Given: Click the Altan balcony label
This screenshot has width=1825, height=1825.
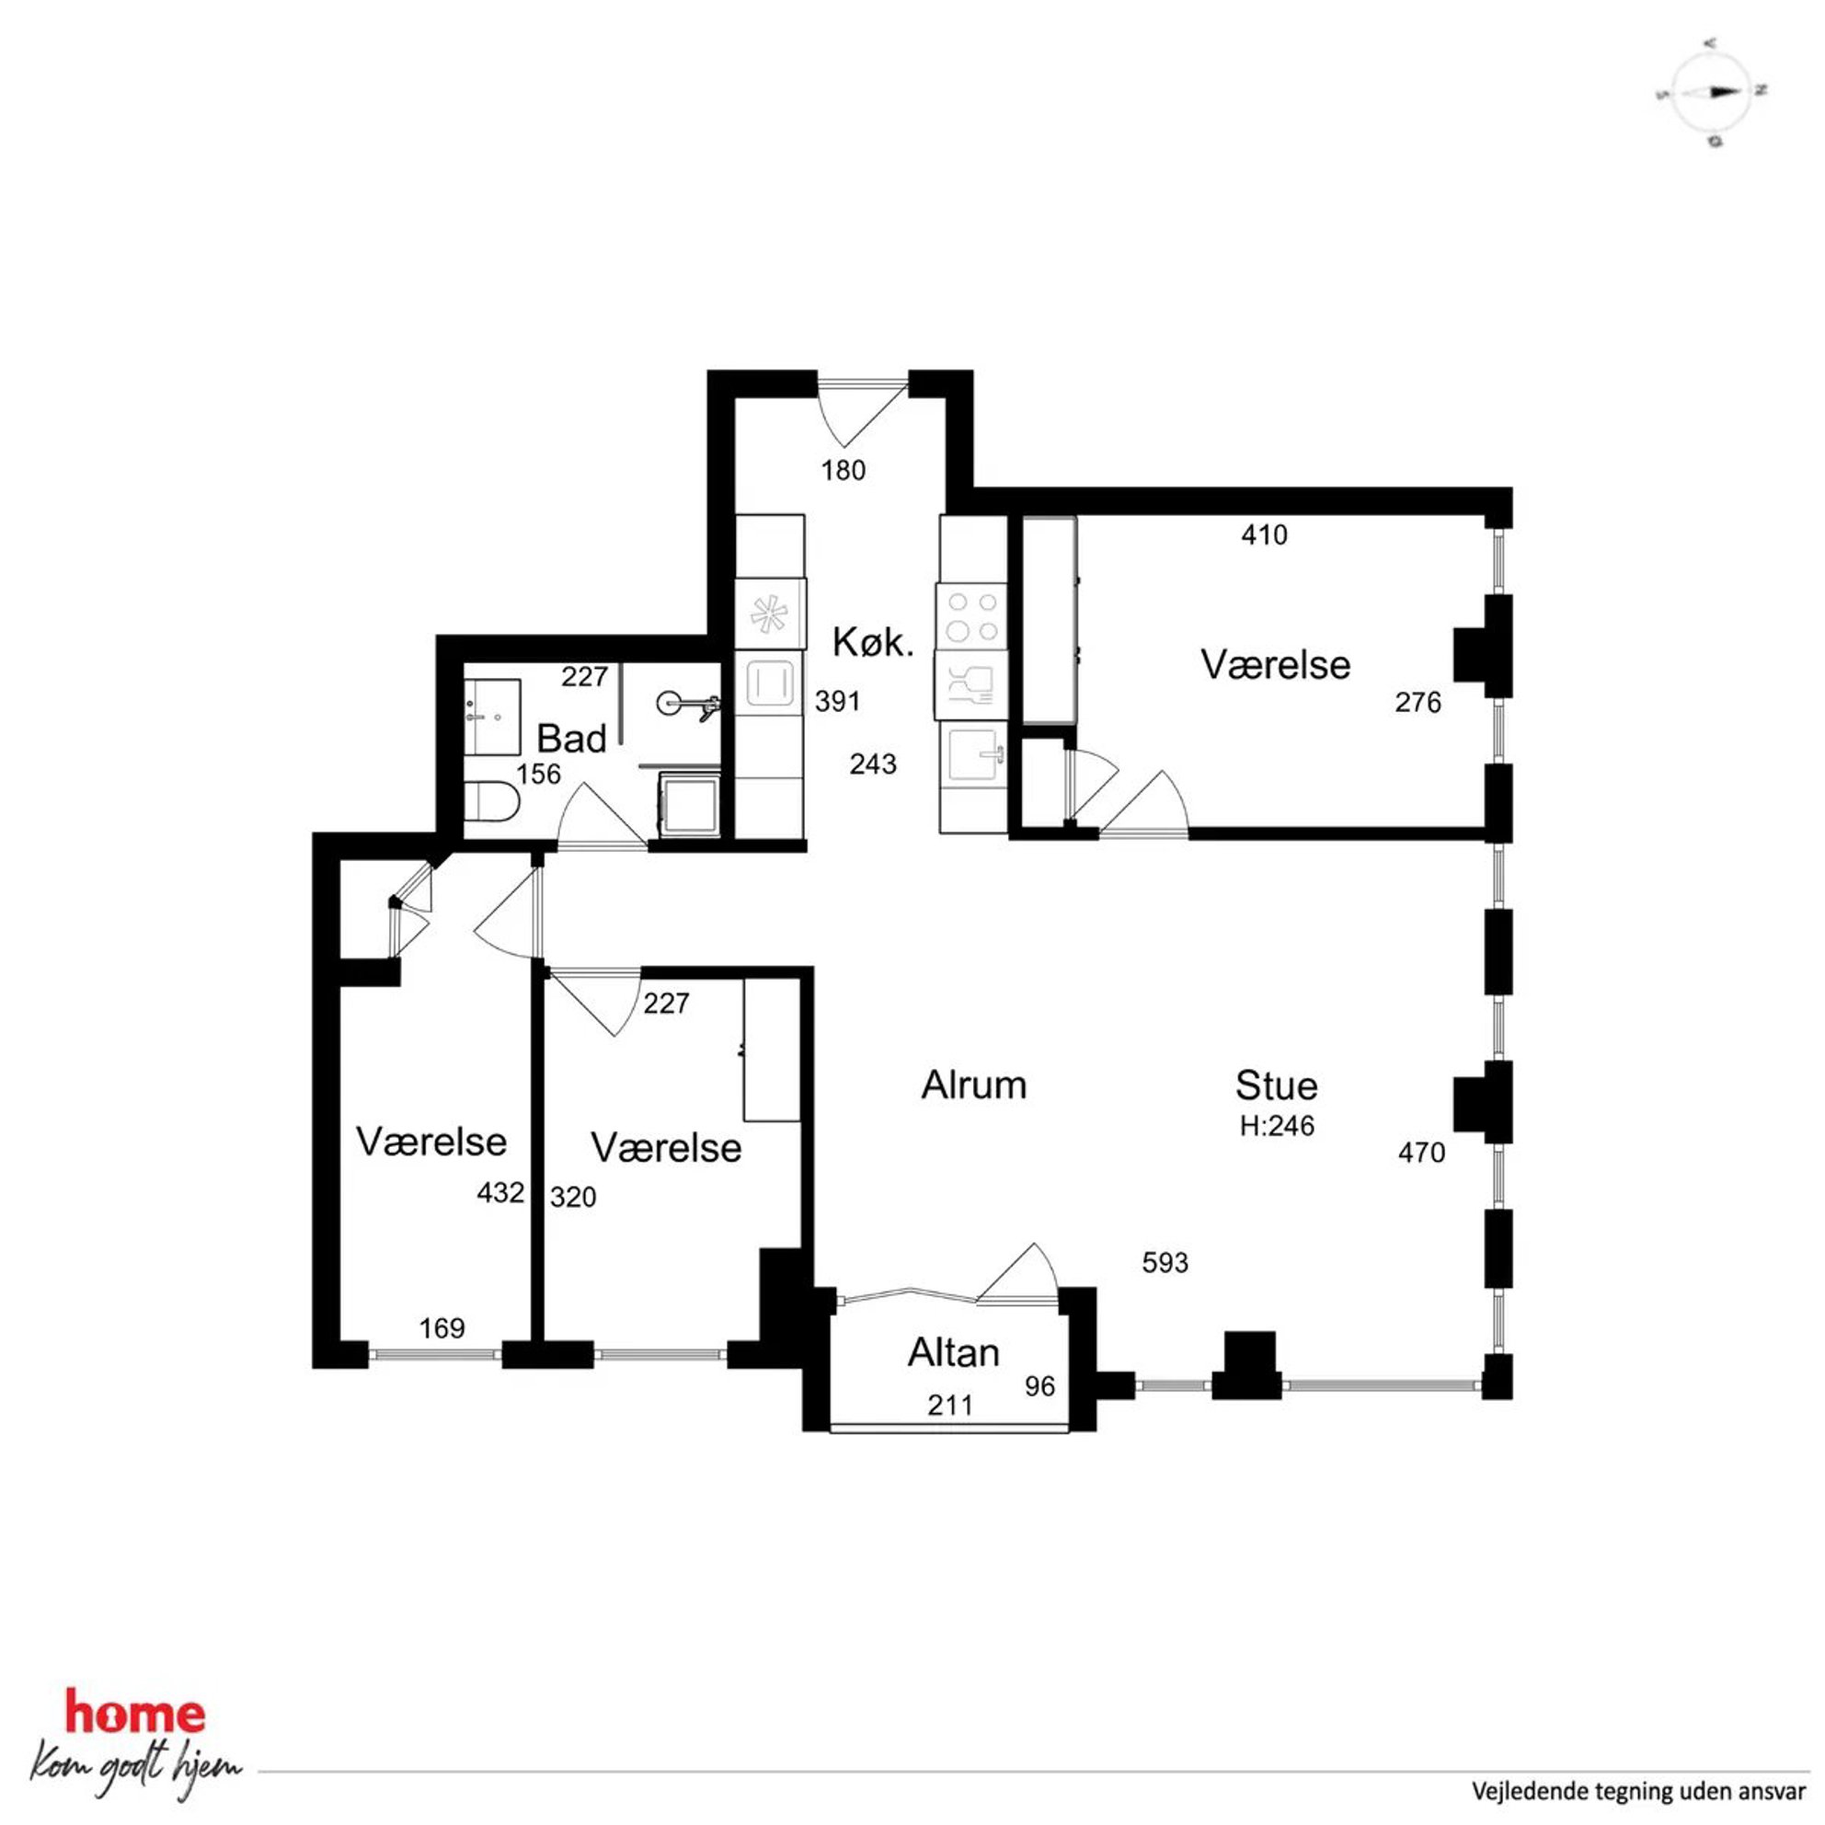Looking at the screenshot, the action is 953,1353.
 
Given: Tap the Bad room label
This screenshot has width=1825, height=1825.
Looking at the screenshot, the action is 571,739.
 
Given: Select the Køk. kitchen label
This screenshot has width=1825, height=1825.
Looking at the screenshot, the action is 873,642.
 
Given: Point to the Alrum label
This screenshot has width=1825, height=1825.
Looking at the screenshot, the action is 974,1085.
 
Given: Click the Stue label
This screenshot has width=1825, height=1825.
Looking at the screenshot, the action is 1276,1085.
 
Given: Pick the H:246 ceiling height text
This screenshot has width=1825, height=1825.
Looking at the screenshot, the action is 1277,1126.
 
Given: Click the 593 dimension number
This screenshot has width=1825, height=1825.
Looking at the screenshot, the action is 1165,1262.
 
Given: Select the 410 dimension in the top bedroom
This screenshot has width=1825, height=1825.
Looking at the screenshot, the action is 1264,534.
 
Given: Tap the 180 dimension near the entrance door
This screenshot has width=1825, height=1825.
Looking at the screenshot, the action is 843,469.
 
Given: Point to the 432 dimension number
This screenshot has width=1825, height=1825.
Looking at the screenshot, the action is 499,1193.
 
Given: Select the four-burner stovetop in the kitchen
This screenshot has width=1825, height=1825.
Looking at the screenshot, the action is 972,617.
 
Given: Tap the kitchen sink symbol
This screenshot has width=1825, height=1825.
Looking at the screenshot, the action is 973,757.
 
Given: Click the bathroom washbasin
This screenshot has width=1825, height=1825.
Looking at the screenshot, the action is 492,716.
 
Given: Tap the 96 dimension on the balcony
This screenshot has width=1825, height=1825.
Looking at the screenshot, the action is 1040,1385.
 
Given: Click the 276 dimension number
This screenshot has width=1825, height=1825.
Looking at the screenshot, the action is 1418,702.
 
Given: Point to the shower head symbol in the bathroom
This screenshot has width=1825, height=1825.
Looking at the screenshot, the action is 688,703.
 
